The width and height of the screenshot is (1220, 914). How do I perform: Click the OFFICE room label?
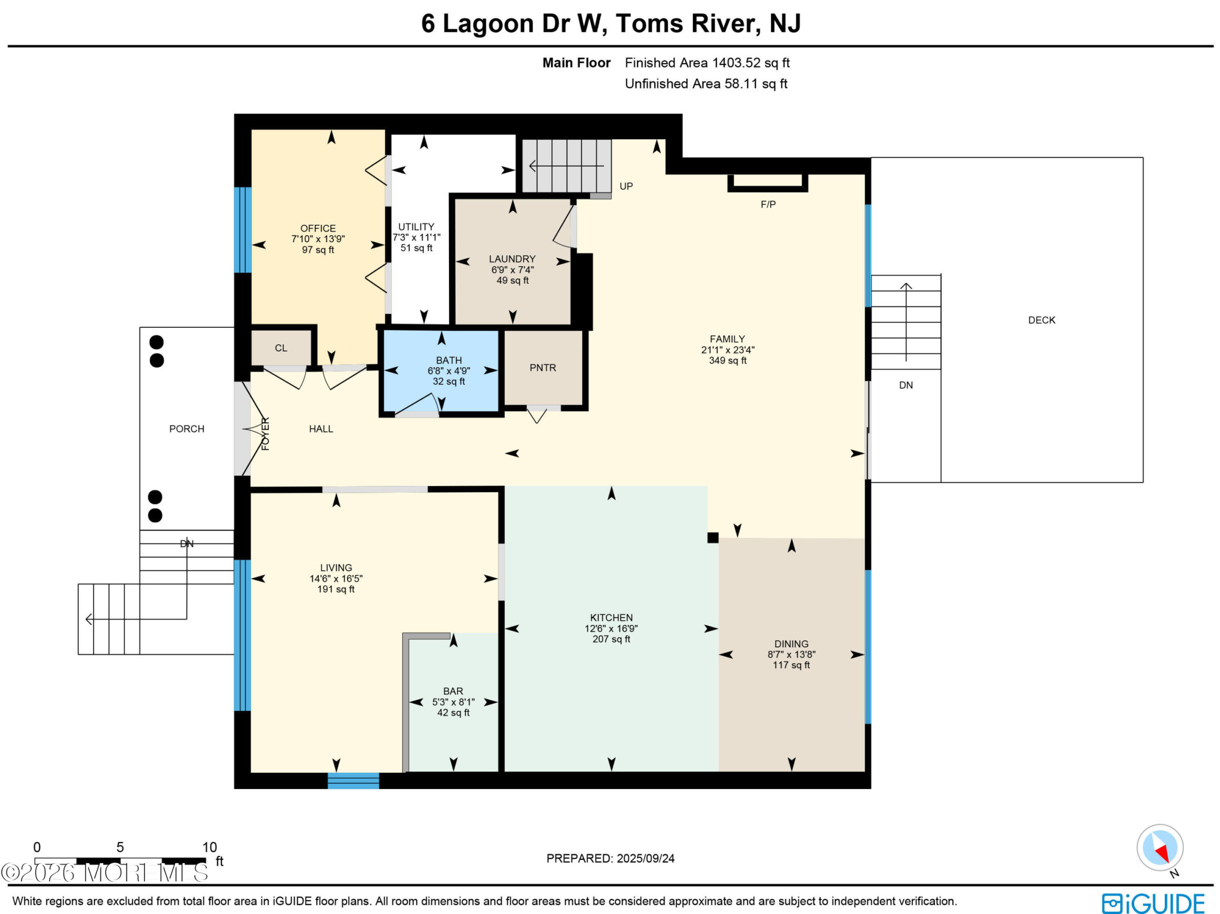[x=318, y=228]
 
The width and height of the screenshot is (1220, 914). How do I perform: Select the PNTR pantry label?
[x=543, y=368]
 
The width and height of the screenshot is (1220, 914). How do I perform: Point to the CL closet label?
[x=281, y=348]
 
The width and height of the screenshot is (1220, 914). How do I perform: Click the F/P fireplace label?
[x=768, y=204]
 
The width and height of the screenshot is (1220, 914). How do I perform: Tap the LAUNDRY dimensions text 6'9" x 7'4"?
[x=512, y=270]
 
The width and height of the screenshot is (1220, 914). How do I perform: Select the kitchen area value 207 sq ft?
[x=611, y=639]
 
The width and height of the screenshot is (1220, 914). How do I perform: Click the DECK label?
[x=1041, y=320]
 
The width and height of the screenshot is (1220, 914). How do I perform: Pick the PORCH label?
[x=186, y=429]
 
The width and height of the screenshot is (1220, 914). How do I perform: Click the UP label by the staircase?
[x=626, y=186]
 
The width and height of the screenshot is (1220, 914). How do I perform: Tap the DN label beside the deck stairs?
[x=905, y=385]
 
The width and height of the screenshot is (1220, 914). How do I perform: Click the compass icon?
[x=1160, y=847]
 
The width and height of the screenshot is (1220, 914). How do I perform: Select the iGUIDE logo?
[x=1153, y=904]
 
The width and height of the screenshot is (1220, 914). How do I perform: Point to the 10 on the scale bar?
[x=210, y=847]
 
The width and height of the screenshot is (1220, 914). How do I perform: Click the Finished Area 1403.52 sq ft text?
[x=707, y=63]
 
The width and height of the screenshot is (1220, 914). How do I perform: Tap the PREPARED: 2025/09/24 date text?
[x=610, y=858]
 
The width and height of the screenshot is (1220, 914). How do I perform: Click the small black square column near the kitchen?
[x=712, y=538]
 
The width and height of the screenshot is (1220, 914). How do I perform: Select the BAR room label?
[x=453, y=691]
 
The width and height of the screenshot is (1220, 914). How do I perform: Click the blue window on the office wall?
[x=242, y=230]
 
